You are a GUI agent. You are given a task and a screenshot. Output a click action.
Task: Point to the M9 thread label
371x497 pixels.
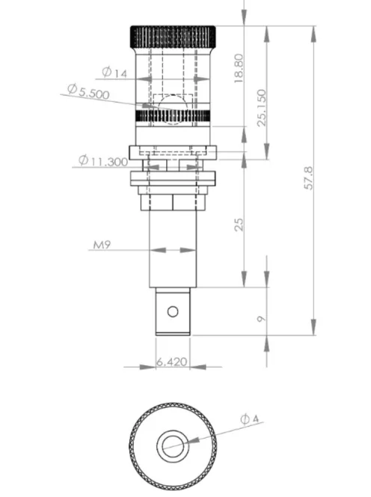tap(103, 245)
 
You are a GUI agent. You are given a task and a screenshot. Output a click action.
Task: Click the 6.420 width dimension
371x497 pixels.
tap(172, 362)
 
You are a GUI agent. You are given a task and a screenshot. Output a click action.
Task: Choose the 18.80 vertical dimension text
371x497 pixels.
tap(239, 68)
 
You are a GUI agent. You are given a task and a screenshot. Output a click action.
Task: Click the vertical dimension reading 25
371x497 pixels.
tap(239, 224)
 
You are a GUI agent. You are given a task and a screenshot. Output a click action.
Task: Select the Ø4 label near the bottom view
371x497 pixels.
tap(250, 419)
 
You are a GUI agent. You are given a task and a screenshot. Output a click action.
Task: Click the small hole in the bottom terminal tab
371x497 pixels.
tap(173, 311)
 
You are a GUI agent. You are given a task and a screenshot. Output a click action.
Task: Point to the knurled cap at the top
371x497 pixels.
tap(173, 34)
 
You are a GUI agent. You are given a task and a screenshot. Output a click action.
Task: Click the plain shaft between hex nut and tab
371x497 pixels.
tap(173, 247)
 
